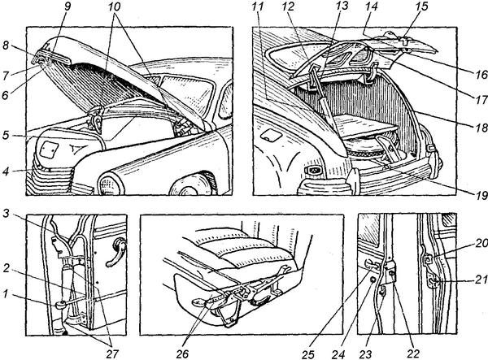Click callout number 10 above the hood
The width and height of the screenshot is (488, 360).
click(114, 7)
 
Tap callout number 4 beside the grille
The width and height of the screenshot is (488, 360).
click(6, 171)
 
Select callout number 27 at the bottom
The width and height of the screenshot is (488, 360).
click(112, 353)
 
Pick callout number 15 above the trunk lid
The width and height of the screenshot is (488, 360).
click(421, 7)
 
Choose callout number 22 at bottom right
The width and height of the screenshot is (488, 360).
click(413, 353)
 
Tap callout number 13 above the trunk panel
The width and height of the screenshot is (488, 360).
click(342, 7)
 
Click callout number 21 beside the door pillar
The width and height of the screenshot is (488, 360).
click(481, 281)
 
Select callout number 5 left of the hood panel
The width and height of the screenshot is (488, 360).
click(6, 137)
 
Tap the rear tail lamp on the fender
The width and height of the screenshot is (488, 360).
click(314, 171)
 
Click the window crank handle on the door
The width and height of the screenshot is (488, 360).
click(115, 251)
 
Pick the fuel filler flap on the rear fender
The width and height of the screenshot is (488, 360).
click(268, 134)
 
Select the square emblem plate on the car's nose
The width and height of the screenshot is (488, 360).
click(49, 149)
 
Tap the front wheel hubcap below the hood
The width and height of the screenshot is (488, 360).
click(186, 186)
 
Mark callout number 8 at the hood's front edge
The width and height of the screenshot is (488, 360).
click(6, 46)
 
